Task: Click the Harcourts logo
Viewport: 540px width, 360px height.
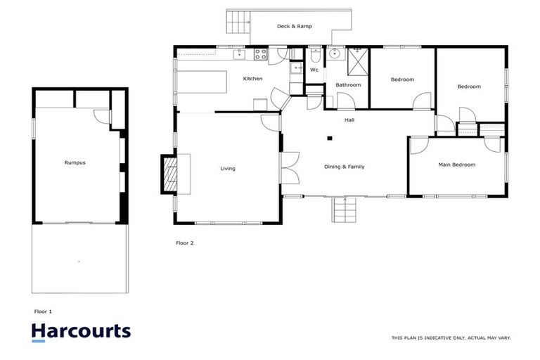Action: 81,331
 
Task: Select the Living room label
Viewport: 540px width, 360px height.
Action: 228,169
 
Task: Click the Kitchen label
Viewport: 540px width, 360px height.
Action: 252,79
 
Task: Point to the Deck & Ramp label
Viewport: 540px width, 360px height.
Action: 294,26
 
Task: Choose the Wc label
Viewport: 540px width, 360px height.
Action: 314,70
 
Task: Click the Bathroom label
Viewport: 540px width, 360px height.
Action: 348,85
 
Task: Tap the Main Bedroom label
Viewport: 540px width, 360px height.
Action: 457,165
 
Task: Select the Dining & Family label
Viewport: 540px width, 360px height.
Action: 344,167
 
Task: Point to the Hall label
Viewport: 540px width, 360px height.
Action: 349,120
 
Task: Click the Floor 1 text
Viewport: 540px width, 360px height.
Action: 44,311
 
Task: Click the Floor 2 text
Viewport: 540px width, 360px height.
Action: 184,243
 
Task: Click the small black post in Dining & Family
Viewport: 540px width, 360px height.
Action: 328,137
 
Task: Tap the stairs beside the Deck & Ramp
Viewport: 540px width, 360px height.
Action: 238,22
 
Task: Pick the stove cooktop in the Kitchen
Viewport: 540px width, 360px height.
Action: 260,53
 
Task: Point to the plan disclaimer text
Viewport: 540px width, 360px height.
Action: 451,338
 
